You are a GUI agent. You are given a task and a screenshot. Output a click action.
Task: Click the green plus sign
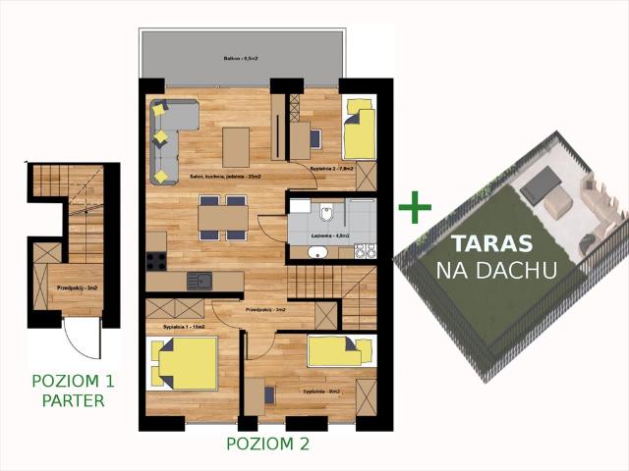tap(415, 207)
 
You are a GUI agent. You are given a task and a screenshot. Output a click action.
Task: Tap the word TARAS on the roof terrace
tap(491, 244)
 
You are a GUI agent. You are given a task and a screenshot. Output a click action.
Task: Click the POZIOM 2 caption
tap(267, 444)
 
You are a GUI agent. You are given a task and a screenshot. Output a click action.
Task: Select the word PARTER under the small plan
tap(74, 399)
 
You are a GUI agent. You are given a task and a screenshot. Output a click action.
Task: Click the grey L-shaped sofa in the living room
tap(167, 137)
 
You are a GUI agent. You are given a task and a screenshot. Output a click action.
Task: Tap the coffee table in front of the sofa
tap(236, 147)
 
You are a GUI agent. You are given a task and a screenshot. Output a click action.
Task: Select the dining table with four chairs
tap(222, 217)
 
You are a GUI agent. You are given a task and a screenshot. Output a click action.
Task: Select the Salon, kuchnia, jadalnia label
tap(225, 177)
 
